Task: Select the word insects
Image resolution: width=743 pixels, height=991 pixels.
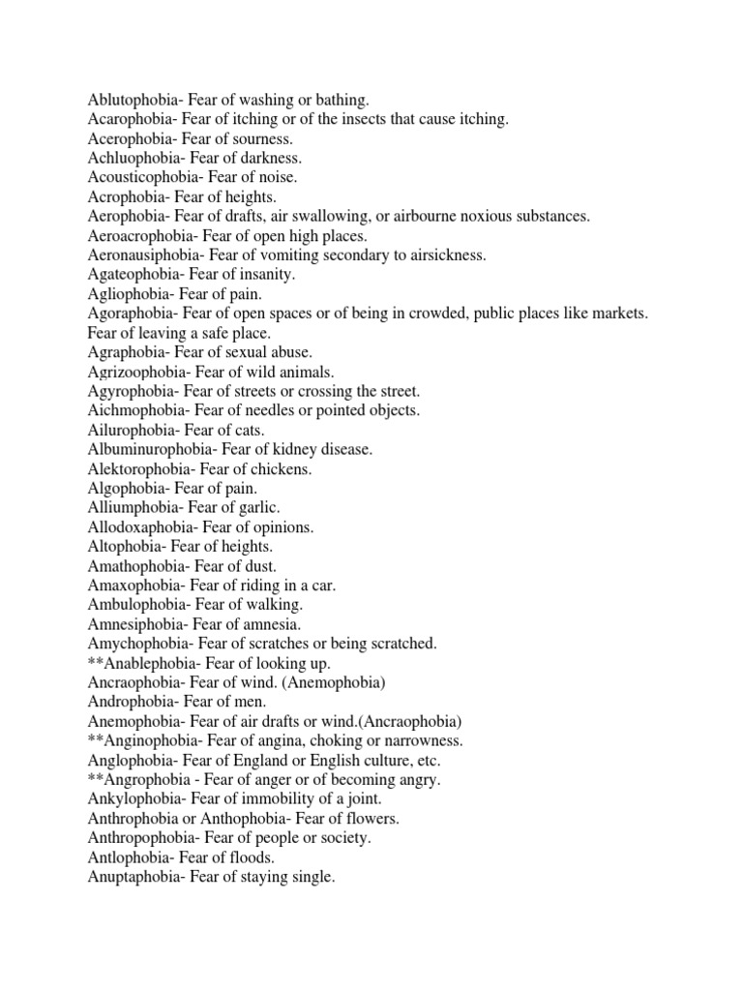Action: (364, 119)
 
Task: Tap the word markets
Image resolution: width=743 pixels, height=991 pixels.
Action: (619, 314)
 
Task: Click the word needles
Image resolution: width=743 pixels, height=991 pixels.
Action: (274, 410)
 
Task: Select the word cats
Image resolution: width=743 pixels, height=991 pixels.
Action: (249, 430)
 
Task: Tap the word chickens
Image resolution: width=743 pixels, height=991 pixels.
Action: (283, 468)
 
